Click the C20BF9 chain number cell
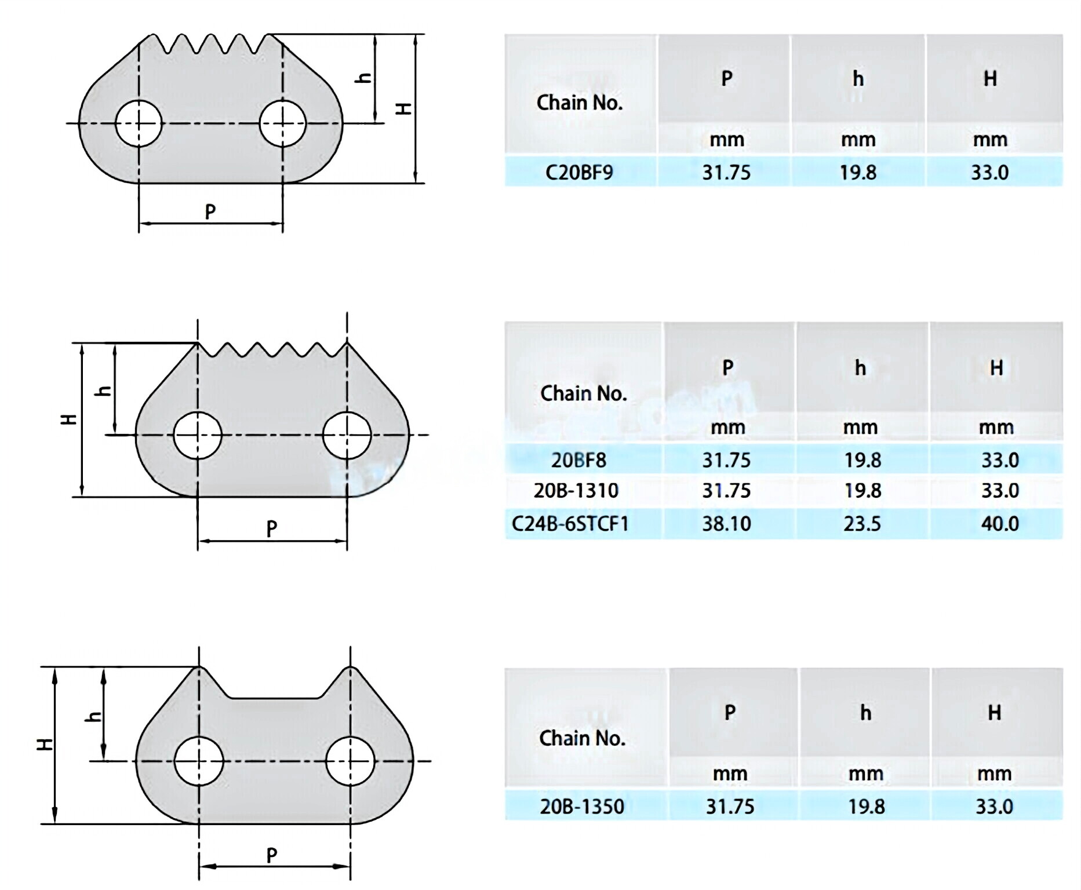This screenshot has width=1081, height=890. click(579, 172)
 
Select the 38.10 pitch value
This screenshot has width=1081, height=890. click(726, 524)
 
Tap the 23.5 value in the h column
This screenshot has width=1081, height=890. click(862, 524)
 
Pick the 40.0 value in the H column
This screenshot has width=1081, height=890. click(1000, 524)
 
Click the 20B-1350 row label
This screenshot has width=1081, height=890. click(582, 807)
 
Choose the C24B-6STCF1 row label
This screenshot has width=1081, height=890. click(570, 524)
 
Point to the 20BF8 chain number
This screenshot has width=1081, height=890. click(578, 460)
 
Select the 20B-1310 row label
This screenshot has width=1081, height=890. click(576, 491)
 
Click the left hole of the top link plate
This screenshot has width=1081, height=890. click(139, 123)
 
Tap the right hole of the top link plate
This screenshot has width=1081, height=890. click(283, 123)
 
